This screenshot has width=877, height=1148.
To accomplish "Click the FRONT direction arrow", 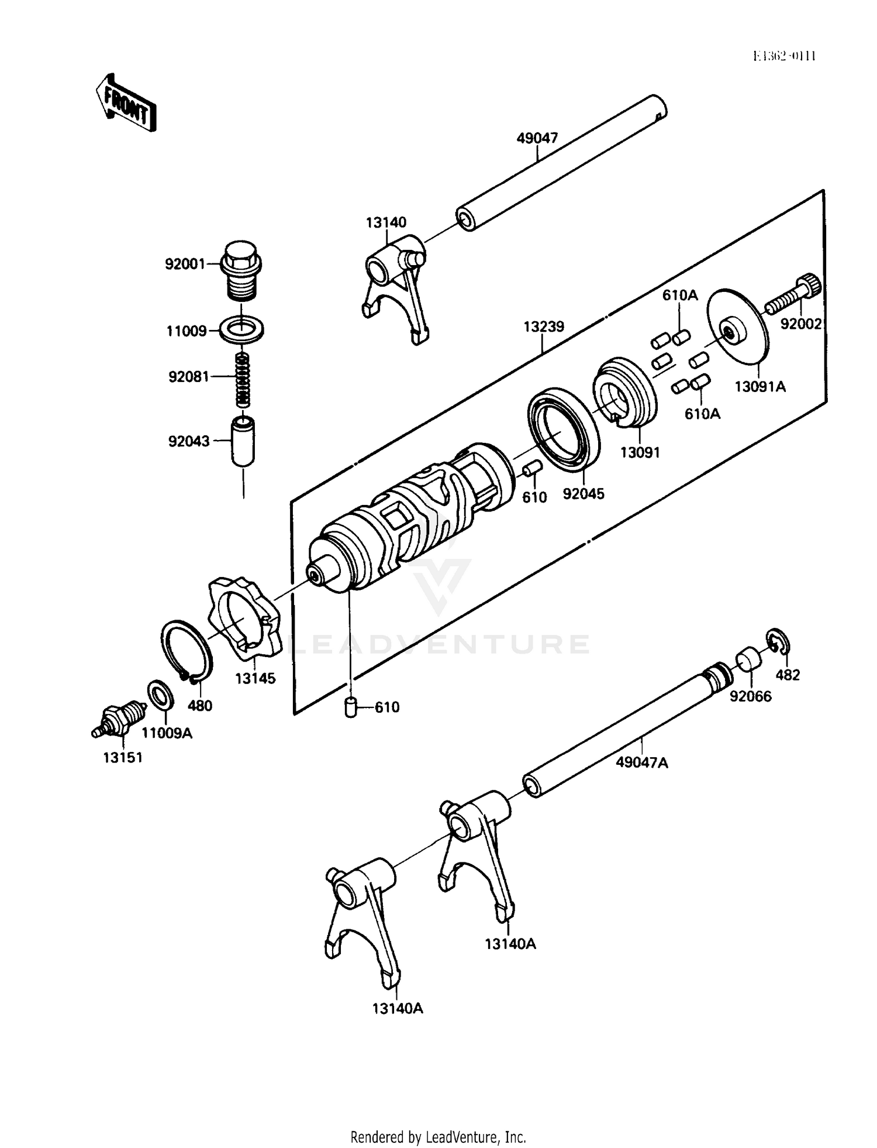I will pos(126,102).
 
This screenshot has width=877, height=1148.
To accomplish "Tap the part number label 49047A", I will pos(641,762).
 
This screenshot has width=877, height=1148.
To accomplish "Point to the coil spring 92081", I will pos(243,380).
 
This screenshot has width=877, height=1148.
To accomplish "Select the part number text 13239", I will pos(543,326).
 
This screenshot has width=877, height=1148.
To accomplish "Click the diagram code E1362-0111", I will pos(784,56).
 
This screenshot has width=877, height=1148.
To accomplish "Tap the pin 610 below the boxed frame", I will pos(351,706).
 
